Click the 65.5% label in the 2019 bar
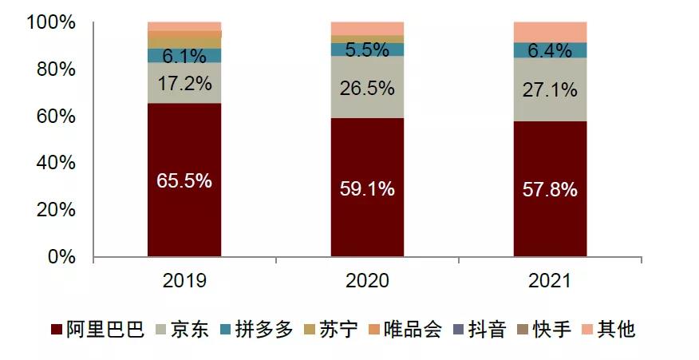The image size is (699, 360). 184,181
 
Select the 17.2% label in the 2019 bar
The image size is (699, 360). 184,82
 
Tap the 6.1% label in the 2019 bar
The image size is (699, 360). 184,56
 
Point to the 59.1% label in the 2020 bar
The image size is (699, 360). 367,189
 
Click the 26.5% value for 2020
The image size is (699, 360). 367,88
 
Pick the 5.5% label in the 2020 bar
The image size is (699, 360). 367,49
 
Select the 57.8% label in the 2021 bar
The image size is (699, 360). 551,191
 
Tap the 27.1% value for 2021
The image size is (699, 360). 551,90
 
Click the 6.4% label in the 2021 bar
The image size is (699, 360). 551,51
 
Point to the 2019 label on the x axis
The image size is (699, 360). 184,281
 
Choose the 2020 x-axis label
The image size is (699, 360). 367,281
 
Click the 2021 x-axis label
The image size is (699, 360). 551,281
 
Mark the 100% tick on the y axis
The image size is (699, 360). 51,23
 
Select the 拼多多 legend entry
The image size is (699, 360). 256,330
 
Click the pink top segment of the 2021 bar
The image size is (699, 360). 551,32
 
